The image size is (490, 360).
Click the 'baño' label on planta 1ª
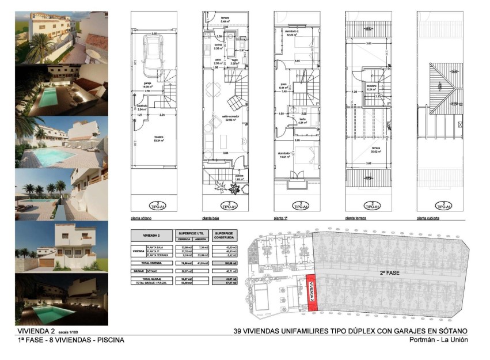pos(302,120)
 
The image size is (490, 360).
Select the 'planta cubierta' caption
pos(429,219)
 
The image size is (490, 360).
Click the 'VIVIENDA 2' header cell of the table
pos(151,234)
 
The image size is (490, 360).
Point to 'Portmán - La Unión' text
pos(438,340)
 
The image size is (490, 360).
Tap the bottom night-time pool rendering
pos(61,300)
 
